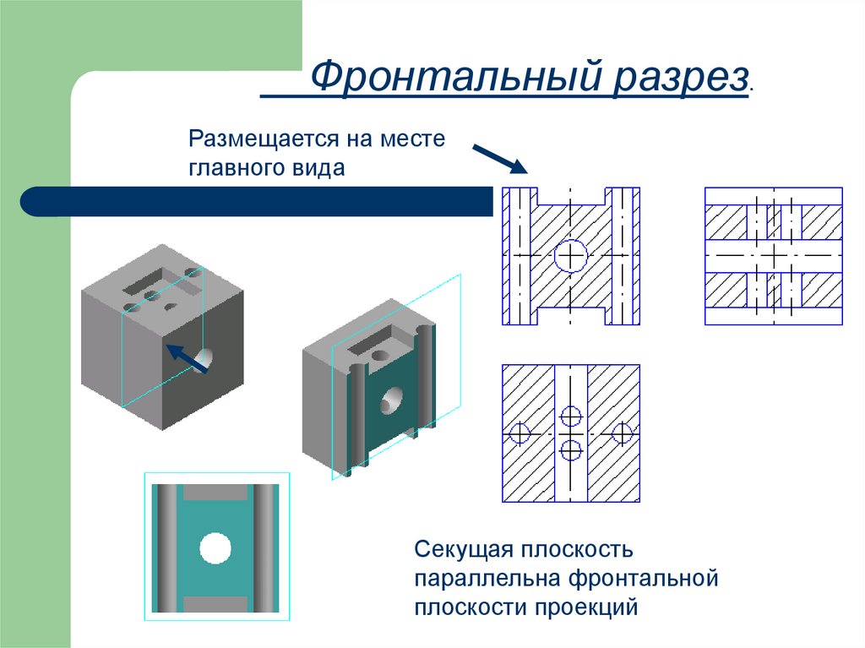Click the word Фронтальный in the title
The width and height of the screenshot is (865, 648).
(444, 79)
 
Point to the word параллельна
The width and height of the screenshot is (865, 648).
(487, 579)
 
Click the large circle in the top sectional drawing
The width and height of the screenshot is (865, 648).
(571, 255)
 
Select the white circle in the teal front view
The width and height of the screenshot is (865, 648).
(215, 548)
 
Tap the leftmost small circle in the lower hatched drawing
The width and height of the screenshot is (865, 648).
(519, 433)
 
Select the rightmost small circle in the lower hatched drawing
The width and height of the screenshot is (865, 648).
(623, 433)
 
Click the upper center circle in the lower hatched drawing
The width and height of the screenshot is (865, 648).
(571, 416)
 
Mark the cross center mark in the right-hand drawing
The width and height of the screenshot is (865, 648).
(774, 253)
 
